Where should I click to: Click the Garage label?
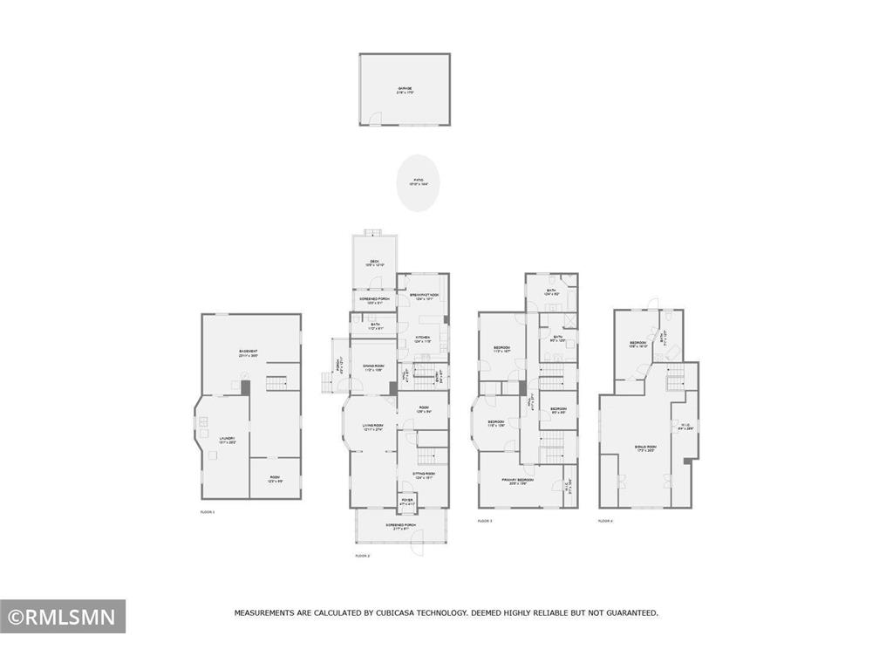405,89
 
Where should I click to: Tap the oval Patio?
419,182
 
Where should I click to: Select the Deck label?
373,262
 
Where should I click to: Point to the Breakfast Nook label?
424,296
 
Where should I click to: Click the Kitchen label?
423,338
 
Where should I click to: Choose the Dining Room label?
373,367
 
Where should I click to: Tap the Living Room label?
373,427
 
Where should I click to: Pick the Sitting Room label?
424,475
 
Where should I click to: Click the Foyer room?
406,502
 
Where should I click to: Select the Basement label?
249,352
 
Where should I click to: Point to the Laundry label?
226,441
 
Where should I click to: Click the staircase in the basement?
276,384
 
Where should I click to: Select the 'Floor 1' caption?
207,512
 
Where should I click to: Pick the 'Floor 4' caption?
605,520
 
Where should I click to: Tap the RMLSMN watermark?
63,618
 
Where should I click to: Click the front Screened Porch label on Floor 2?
401,527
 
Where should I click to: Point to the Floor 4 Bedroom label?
637,343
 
